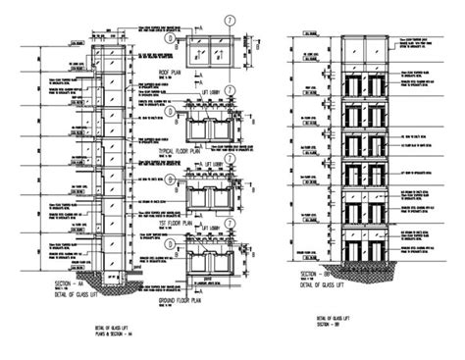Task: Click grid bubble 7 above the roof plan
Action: pos(227,18)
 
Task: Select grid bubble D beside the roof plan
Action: pos(173,40)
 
